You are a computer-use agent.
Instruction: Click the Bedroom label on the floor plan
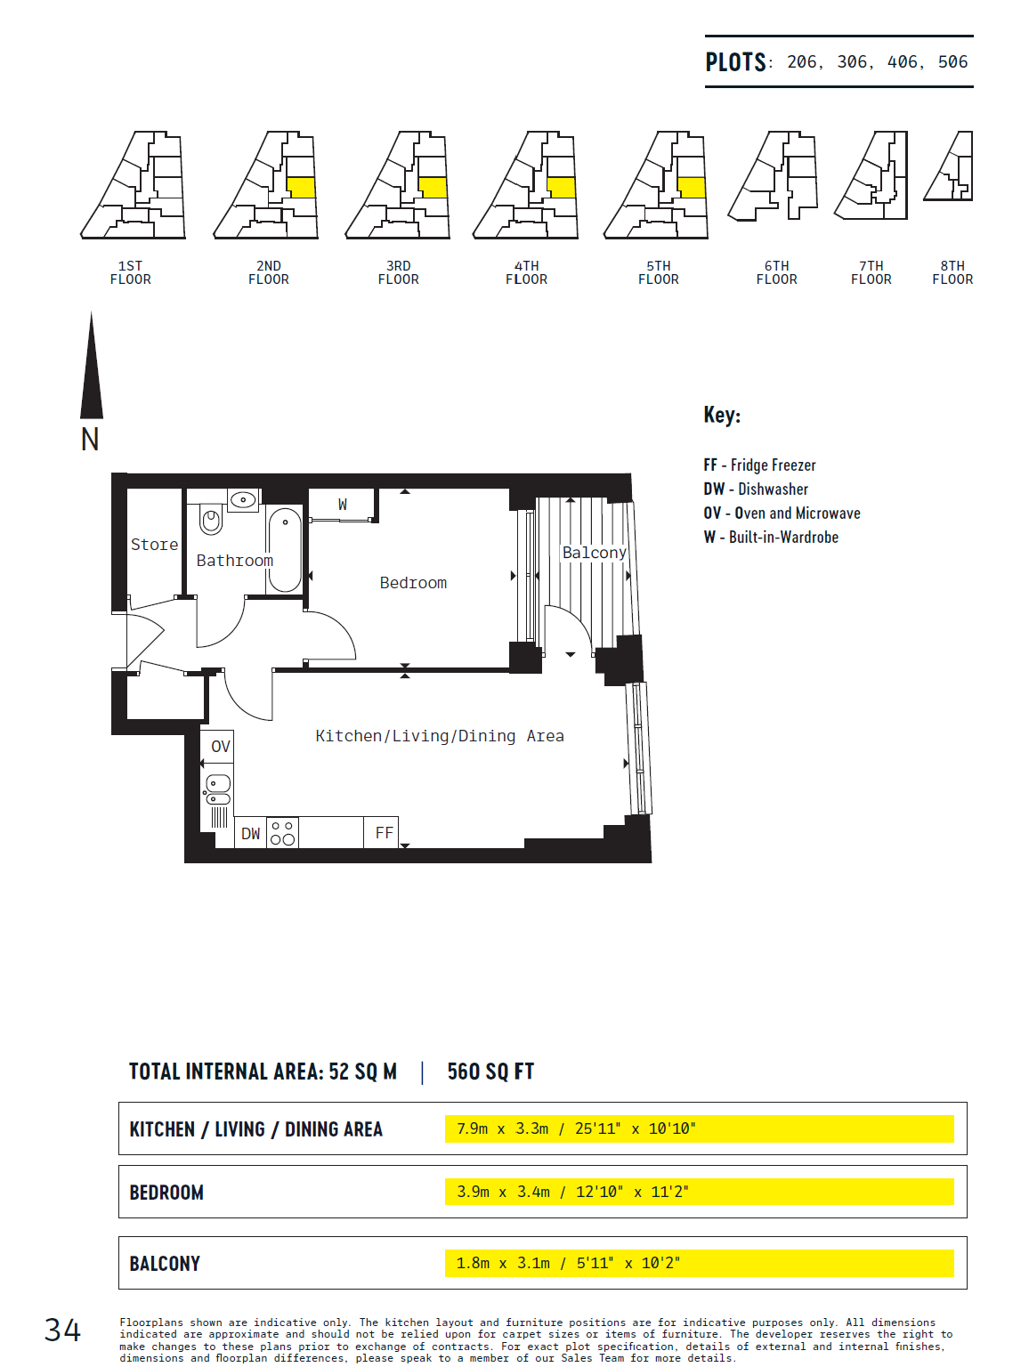click(413, 583)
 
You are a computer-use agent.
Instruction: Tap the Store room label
click(155, 545)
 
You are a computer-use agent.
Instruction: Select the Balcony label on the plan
click(595, 553)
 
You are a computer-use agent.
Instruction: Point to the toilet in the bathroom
click(211, 519)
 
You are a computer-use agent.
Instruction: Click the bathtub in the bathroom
click(285, 548)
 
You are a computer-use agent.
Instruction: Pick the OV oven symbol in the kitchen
click(221, 746)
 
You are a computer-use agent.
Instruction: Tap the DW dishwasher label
click(250, 833)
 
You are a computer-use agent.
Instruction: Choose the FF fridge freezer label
click(385, 833)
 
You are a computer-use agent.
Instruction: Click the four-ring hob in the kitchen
click(282, 833)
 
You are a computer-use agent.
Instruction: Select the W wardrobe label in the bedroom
click(343, 505)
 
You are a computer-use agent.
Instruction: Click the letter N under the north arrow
click(90, 440)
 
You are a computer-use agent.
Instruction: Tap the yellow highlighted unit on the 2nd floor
click(302, 188)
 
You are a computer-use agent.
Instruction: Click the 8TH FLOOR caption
click(952, 273)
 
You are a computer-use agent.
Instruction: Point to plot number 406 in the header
click(903, 61)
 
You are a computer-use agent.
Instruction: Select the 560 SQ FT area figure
click(490, 1072)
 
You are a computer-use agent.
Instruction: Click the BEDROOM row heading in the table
click(166, 1193)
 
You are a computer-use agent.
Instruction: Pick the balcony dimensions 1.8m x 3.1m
click(503, 1263)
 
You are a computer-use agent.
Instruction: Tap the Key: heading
click(722, 415)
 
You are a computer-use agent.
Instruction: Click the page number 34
click(62, 1331)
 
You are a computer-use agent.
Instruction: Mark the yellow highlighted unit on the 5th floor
click(692, 188)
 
